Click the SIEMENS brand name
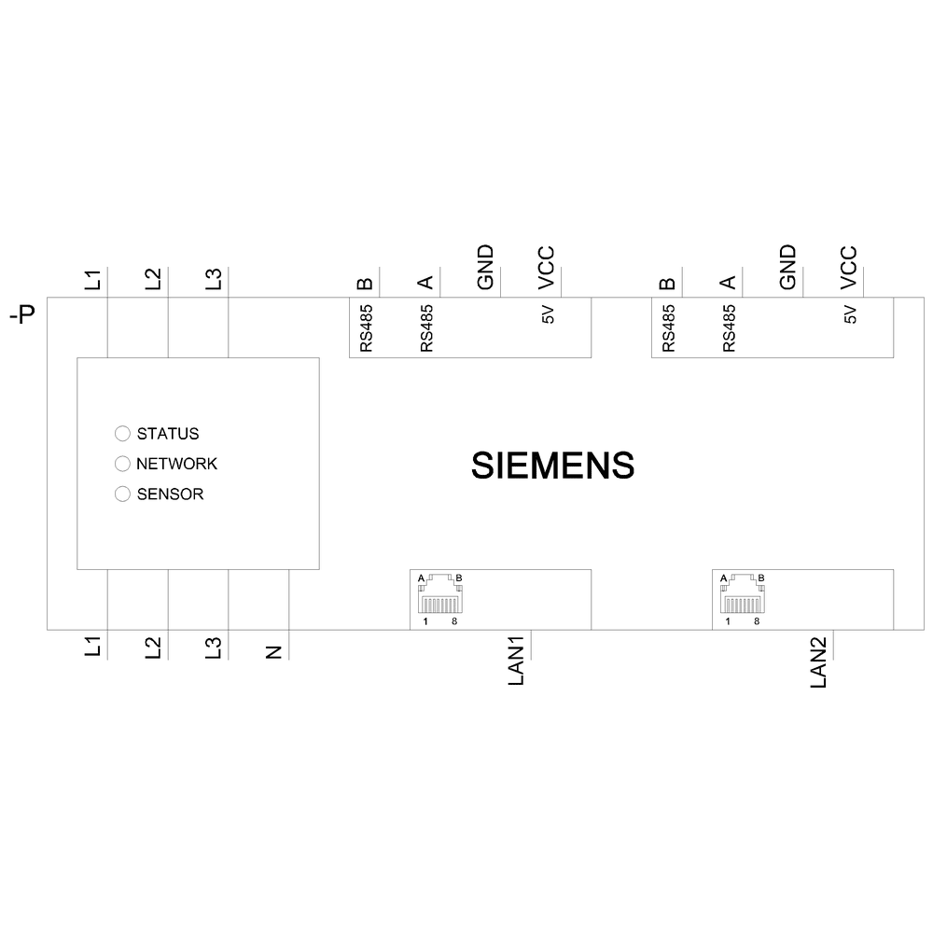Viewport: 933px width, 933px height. coord(553,465)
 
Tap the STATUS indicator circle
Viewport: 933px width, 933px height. coord(122,434)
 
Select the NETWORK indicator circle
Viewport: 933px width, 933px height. coord(122,464)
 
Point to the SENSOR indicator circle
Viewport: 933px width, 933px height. coord(122,494)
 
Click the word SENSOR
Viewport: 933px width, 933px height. coord(170,494)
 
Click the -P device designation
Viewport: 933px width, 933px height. coord(21,316)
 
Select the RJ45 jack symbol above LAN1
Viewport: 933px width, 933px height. coord(439,593)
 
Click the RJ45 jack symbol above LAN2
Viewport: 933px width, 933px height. coord(741,593)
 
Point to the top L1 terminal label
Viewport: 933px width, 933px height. coord(92,279)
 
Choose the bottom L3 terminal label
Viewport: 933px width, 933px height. coord(214,648)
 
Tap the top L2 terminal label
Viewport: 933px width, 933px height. coord(153,279)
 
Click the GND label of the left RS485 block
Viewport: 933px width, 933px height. coord(485,268)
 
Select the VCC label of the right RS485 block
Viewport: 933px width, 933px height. coord(848,268)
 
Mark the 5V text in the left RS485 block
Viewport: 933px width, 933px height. coord(547,315)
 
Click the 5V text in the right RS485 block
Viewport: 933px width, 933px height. coord(849,315)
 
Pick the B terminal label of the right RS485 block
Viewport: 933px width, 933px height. coord(667,282)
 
